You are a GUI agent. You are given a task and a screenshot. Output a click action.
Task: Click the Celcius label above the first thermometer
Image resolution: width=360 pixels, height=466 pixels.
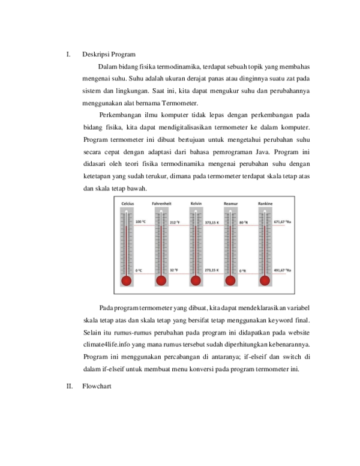pyautogui.click(x=127, y=204)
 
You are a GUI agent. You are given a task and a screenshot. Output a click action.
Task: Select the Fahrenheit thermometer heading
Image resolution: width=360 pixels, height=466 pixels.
pyautogui.click(x=162, y=204)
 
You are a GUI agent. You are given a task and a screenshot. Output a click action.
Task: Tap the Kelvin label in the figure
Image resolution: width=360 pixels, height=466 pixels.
pyautogui.click(x=196, y=204)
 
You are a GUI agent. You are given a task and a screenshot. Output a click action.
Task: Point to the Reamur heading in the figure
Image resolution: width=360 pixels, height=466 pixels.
pyautogui.click(x=231, y=204)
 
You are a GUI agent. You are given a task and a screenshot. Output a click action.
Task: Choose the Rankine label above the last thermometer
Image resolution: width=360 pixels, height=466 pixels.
pyautogui.click(x=265, y=204)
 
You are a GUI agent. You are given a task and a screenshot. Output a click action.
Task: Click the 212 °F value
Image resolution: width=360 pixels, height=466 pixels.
pyautogui.click(x=176, y=222)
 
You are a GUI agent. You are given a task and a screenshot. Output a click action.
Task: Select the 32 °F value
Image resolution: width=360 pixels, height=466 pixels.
pyautogui.click(x=174, y=271)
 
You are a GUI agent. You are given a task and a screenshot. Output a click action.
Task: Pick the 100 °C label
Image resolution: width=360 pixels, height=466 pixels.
pyautogui.click(x=140, y=222)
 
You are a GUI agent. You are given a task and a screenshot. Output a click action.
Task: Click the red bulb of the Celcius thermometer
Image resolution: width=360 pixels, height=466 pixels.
pyautogui.click(x=126, y=280)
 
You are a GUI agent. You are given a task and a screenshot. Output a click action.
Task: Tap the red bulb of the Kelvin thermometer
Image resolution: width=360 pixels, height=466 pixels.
pyautogui.click(x=196, y=280)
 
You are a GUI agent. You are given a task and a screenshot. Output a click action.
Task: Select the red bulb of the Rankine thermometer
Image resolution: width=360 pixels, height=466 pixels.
pyautogui.click(x=265, y=280)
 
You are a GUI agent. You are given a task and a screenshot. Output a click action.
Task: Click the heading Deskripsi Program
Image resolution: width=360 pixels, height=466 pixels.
pyautogui.click(x=109, y=55)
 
